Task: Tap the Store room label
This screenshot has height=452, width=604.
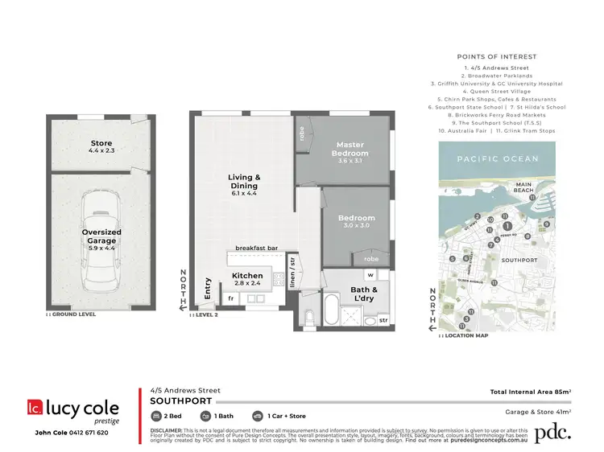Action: tap(101, 144)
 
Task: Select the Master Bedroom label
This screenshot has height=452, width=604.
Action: tap(350, 149)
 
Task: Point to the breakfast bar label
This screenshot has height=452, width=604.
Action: tap(256, 249)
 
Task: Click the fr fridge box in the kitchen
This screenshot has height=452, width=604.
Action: tap(231, 298)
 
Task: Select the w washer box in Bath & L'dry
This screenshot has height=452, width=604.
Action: tap(373, 275)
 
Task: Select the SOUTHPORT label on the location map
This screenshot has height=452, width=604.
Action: tap(519, 261)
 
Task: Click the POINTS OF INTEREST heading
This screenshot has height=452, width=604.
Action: tap(496, 57)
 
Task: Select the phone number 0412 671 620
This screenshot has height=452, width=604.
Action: tap(86, 433)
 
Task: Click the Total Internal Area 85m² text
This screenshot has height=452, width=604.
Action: tap(530, 392)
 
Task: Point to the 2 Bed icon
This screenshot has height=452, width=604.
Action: tap(158, 417)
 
